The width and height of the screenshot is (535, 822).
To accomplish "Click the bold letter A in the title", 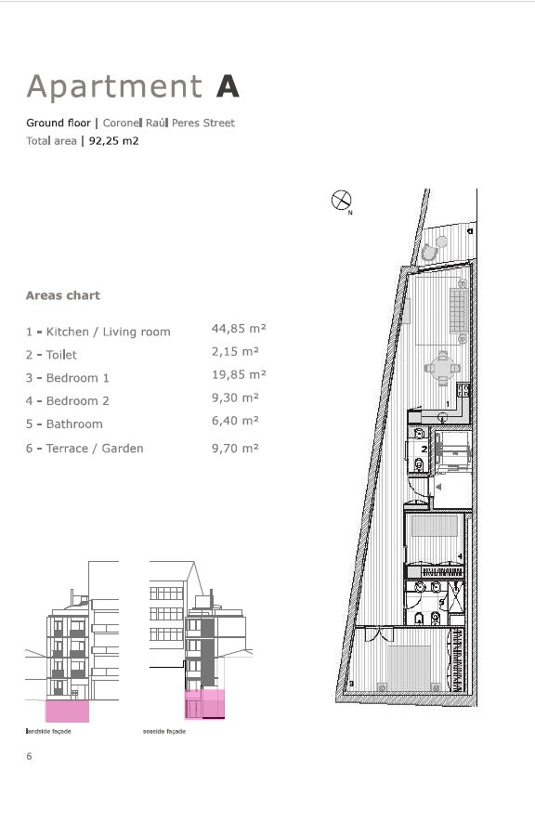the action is click(x=228, y=86).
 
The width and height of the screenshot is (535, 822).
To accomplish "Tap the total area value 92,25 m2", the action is click(x=113, y=141).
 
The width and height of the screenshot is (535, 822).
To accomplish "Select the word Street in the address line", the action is click(x=219, y=124).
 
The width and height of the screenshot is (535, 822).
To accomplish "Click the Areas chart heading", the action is click(x=63, y=295).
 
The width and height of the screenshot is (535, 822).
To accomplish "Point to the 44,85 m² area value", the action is click(x=239, y=329).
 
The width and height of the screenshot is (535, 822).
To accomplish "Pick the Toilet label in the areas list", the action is click(x=61, y=355).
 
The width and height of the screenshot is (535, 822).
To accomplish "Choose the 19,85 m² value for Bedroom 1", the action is click(x=239, y=375).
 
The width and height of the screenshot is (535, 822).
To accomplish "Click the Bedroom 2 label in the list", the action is click(x=77, y=401).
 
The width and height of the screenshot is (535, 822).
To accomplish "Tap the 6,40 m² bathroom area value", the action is click(x=235, y=421).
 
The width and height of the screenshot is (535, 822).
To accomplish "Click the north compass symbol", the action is click(x=341, y=201).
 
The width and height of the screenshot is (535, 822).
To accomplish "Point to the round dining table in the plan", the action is click(x=442, y=368).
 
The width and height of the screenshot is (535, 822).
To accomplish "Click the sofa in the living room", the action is click(x=459, y=310).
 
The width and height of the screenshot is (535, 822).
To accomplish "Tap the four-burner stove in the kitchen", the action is click(x=463, y=390).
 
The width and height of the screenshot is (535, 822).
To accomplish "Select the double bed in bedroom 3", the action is click(x=409, y=667).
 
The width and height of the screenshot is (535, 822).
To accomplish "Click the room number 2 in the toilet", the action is click(x=424, y=450).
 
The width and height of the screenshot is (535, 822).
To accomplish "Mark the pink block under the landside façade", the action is click(x=67, y=711).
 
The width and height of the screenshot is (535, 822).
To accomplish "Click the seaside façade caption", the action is click(x=164, y=731).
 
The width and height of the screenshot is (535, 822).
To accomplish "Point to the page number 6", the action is click(x=30, y=756).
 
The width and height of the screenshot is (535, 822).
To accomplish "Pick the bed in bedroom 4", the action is click(x=435, y=526).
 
